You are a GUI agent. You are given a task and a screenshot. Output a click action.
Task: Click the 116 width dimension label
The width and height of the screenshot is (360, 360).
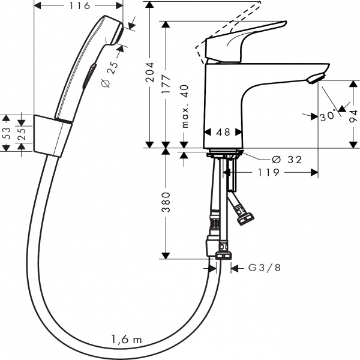tap(80, 6)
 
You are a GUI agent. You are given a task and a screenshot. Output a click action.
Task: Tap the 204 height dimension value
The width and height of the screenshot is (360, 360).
tap(150, 72)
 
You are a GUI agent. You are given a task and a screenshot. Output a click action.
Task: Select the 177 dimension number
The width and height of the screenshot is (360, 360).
tap(166, 84)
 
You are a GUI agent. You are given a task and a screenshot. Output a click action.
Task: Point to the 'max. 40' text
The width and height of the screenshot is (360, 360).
tap(185, 106)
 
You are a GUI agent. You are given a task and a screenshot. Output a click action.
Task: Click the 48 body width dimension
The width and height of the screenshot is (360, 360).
tap(223, 132)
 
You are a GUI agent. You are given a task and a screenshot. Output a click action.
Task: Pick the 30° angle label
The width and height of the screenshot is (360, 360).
tap(328, 116)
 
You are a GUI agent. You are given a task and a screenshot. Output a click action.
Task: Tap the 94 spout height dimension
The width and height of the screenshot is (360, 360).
tap(353, 116)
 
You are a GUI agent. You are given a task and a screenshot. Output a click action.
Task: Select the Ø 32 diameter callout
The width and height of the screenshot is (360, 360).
tap(287, 160)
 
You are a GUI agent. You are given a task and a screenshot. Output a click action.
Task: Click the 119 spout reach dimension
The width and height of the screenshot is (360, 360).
tap(269, 172)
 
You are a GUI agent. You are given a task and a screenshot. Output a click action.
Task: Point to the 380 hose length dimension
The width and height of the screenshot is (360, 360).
tap(166, 202)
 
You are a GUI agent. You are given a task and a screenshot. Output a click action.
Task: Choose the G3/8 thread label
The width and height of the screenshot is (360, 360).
tap(265, 268)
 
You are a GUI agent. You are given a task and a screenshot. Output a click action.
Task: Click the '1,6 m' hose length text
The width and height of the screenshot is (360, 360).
tap(127, 340)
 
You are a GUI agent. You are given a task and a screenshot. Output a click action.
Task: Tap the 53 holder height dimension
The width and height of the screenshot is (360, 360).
tap(7, 133)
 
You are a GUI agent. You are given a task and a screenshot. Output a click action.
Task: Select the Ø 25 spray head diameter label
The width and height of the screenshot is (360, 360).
tap(109, 74)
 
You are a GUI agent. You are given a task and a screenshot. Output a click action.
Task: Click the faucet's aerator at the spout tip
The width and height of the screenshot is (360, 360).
tap(316, 78)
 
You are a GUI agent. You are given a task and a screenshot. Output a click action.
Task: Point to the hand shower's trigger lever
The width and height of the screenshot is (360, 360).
tap(89, 77)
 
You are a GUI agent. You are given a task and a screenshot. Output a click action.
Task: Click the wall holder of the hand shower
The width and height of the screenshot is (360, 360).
tap(53, 136)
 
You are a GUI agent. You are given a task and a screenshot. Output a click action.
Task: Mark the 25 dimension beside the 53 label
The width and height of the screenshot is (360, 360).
tap(22, 134)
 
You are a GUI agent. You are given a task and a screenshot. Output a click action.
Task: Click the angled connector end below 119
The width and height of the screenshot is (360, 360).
tap(245, 218)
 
